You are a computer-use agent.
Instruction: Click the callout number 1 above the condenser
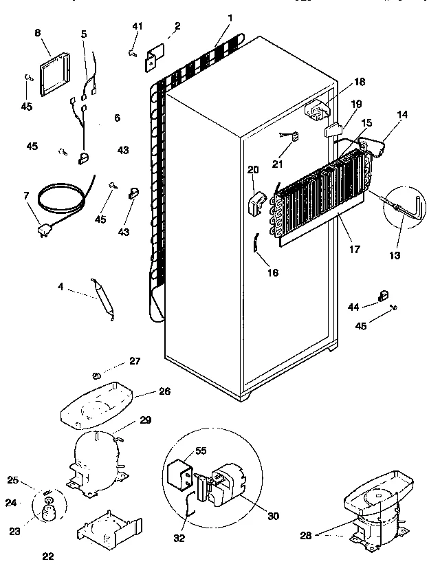point(230,17)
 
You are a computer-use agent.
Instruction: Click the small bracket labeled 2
point(152,58)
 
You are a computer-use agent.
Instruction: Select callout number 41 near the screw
point(137,26)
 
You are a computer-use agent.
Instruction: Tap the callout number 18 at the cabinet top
point(360,82)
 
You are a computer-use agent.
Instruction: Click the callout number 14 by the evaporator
point(401,114)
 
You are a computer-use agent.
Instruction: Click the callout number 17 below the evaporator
point(354,250)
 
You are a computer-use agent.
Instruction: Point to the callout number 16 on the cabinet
point(272,272)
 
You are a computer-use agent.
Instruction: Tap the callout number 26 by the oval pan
point(164,391)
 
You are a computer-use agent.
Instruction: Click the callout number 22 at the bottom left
point(46,556)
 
